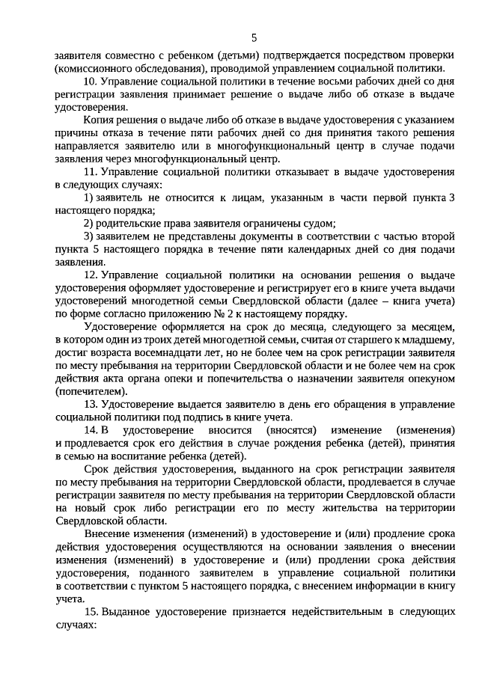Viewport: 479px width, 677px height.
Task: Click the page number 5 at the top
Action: [254, 37]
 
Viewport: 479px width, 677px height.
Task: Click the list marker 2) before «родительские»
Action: [88, 224]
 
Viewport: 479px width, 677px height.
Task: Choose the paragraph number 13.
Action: [90, 405]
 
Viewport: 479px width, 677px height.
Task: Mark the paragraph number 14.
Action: [91, 431]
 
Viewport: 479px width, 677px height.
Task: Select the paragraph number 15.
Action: [90, 611]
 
